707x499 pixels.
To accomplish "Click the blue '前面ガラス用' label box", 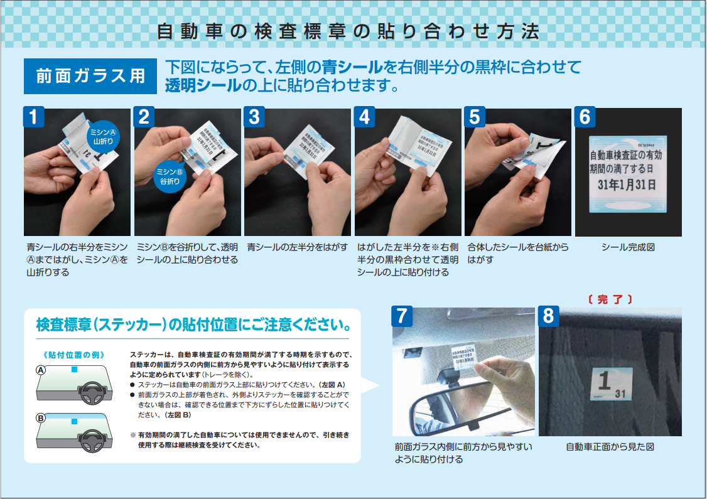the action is point(90,76).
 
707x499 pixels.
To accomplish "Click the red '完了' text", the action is point(610,299).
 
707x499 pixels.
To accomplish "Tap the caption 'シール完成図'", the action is point(627,247).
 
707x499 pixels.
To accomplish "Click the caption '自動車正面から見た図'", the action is point(610,447).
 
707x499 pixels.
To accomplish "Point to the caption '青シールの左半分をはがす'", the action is point(297,247).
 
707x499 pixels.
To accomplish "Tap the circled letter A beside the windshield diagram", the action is point(41,371).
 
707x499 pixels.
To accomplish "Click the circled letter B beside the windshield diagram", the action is point(41,417).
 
